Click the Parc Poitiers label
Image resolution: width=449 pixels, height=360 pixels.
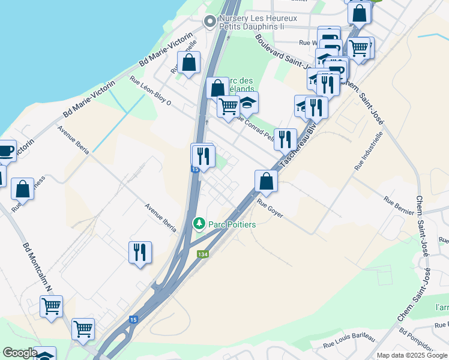click(232, 224)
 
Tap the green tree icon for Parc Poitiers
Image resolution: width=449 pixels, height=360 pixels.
click(199, 224)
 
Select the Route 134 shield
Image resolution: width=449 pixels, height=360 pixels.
click(203, 254)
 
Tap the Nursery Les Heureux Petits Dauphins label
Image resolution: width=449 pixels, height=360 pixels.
click(259, 22)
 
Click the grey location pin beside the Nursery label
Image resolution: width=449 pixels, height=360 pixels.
click(209, 22)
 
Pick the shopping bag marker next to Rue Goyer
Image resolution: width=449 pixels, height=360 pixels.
click(266, 181)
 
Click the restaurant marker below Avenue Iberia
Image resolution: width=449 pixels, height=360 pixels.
click(140, 252)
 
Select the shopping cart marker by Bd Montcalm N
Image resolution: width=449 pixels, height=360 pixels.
click(52, 306)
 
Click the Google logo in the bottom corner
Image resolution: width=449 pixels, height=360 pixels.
click(19, 353)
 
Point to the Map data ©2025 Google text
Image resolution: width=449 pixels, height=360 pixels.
click(411, 355)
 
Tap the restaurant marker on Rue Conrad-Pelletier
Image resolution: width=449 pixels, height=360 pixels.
click(285, 139)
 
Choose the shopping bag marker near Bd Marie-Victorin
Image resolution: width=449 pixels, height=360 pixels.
click(188, 62)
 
